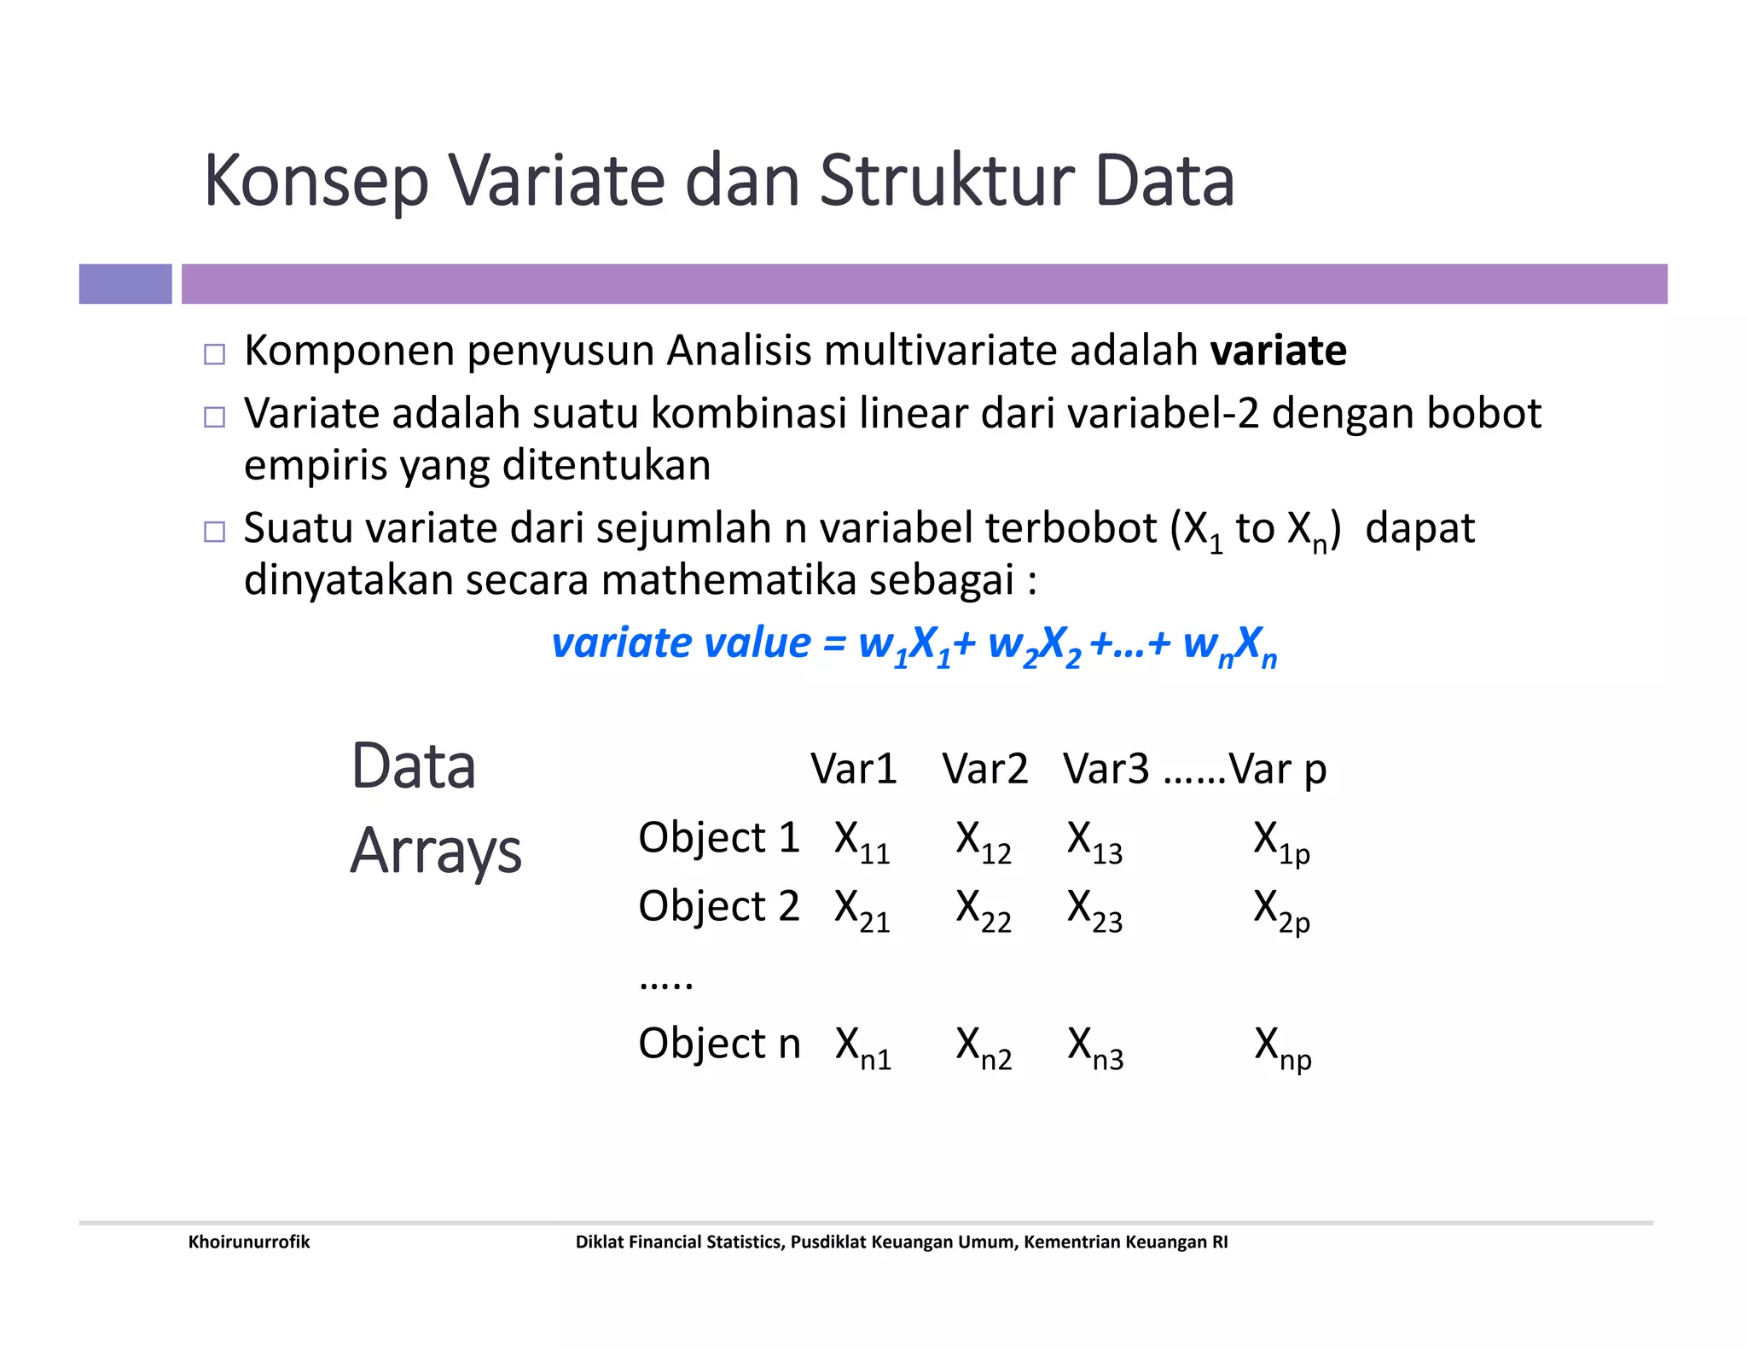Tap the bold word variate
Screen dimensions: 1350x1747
(1278, 351)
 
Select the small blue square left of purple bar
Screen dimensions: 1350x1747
(125, 284)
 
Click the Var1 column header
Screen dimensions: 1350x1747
(853, 769)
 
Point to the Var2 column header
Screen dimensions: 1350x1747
(984, 769)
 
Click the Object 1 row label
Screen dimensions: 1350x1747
(718, 837)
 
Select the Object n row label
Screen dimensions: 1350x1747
(719, 1043)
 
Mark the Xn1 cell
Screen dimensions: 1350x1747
(862, 1047)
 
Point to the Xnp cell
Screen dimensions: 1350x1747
(1282, 1047)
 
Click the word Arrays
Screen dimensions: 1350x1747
(436, 851)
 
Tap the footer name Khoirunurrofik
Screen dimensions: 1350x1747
(249, 1242)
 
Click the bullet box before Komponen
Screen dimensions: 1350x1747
(215, 354)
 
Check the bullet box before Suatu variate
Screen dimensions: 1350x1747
(215, 532)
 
